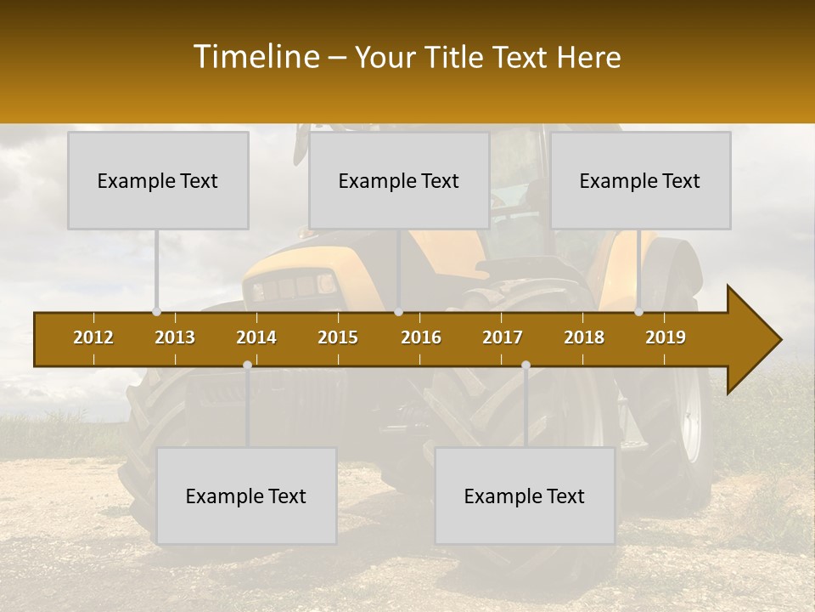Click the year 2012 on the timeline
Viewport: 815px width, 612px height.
pyautogui.click(x=93, y=337)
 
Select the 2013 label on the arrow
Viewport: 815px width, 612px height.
pyautogui.click(x=175, y=337)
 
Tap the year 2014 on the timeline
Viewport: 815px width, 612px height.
pyautogui.click(x=256, y=337)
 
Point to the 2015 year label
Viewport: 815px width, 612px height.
pyautogui.click(x=338, y=337)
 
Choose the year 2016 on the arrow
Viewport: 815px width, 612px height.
pyautogui.click(x=421, y=337)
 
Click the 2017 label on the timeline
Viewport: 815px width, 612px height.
pyautogui.click(x=503, y=337)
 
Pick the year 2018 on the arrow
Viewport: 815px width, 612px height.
pyautogui.click(x=584, y=337)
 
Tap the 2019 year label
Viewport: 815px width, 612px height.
pyautogui.click(x=666, y=337)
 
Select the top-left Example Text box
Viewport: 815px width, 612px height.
pyautogui.click(x=158, y=180)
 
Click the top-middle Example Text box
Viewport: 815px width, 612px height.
pyautogui.click(x=399, y=180)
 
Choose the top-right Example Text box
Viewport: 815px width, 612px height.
pyautogui.click(x=640, y=180)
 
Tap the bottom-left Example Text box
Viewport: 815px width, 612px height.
pyautogui.click(x=246, y=496)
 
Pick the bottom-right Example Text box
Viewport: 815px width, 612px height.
pyautogui.click(x=525, y=496)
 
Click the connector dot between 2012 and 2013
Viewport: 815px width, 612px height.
pyautogui.click(x=156, y=312)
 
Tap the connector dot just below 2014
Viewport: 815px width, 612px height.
pyautogui.click(x=247, y=365)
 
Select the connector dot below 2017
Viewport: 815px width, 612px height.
pyautogui.click(x=526, y=365)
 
